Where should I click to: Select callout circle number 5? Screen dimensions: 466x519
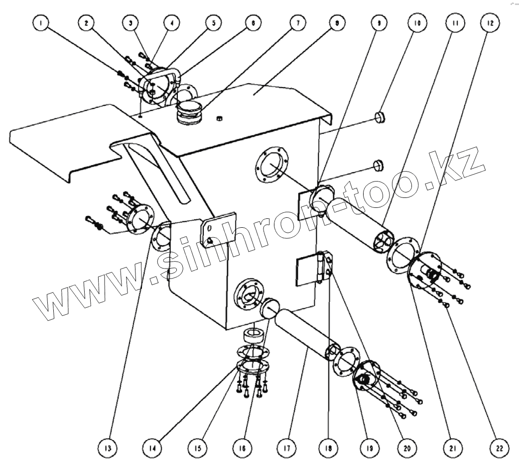213,23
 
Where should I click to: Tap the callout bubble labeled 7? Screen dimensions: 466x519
297,23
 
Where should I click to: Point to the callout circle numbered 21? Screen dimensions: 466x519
452,448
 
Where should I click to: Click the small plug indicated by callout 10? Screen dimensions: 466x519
382,117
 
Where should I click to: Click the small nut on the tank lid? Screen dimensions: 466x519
219,118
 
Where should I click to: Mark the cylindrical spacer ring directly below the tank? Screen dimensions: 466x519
255,335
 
